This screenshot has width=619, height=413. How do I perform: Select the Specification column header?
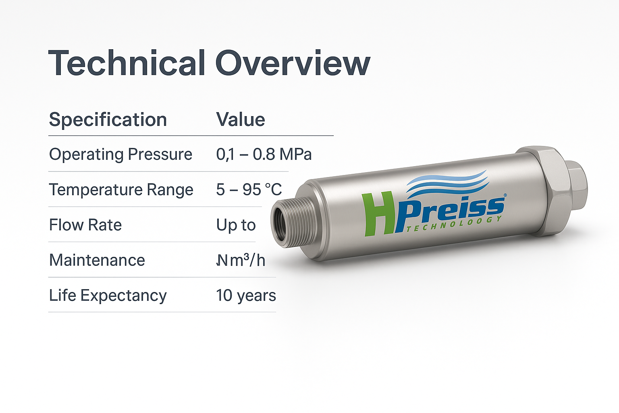click(108, 120)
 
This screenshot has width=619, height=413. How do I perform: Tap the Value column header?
click(241, 120)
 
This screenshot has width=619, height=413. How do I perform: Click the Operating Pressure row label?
click(120, 154)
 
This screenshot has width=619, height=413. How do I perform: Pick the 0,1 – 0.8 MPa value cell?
click(264, 154)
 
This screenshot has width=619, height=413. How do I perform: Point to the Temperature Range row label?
click(121, 190)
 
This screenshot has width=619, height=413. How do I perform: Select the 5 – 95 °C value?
click(249, 190)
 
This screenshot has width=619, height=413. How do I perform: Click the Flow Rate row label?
click(85, 225)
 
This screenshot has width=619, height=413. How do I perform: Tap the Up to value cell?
click(236, 225)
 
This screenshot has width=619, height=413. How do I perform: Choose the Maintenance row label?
click(97, 260)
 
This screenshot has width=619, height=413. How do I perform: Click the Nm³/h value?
click(241, 260)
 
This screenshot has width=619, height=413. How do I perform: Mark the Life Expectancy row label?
click(108, 296)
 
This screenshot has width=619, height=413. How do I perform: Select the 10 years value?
click(246, 296)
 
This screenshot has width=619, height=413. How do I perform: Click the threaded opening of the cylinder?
click(280, 224)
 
